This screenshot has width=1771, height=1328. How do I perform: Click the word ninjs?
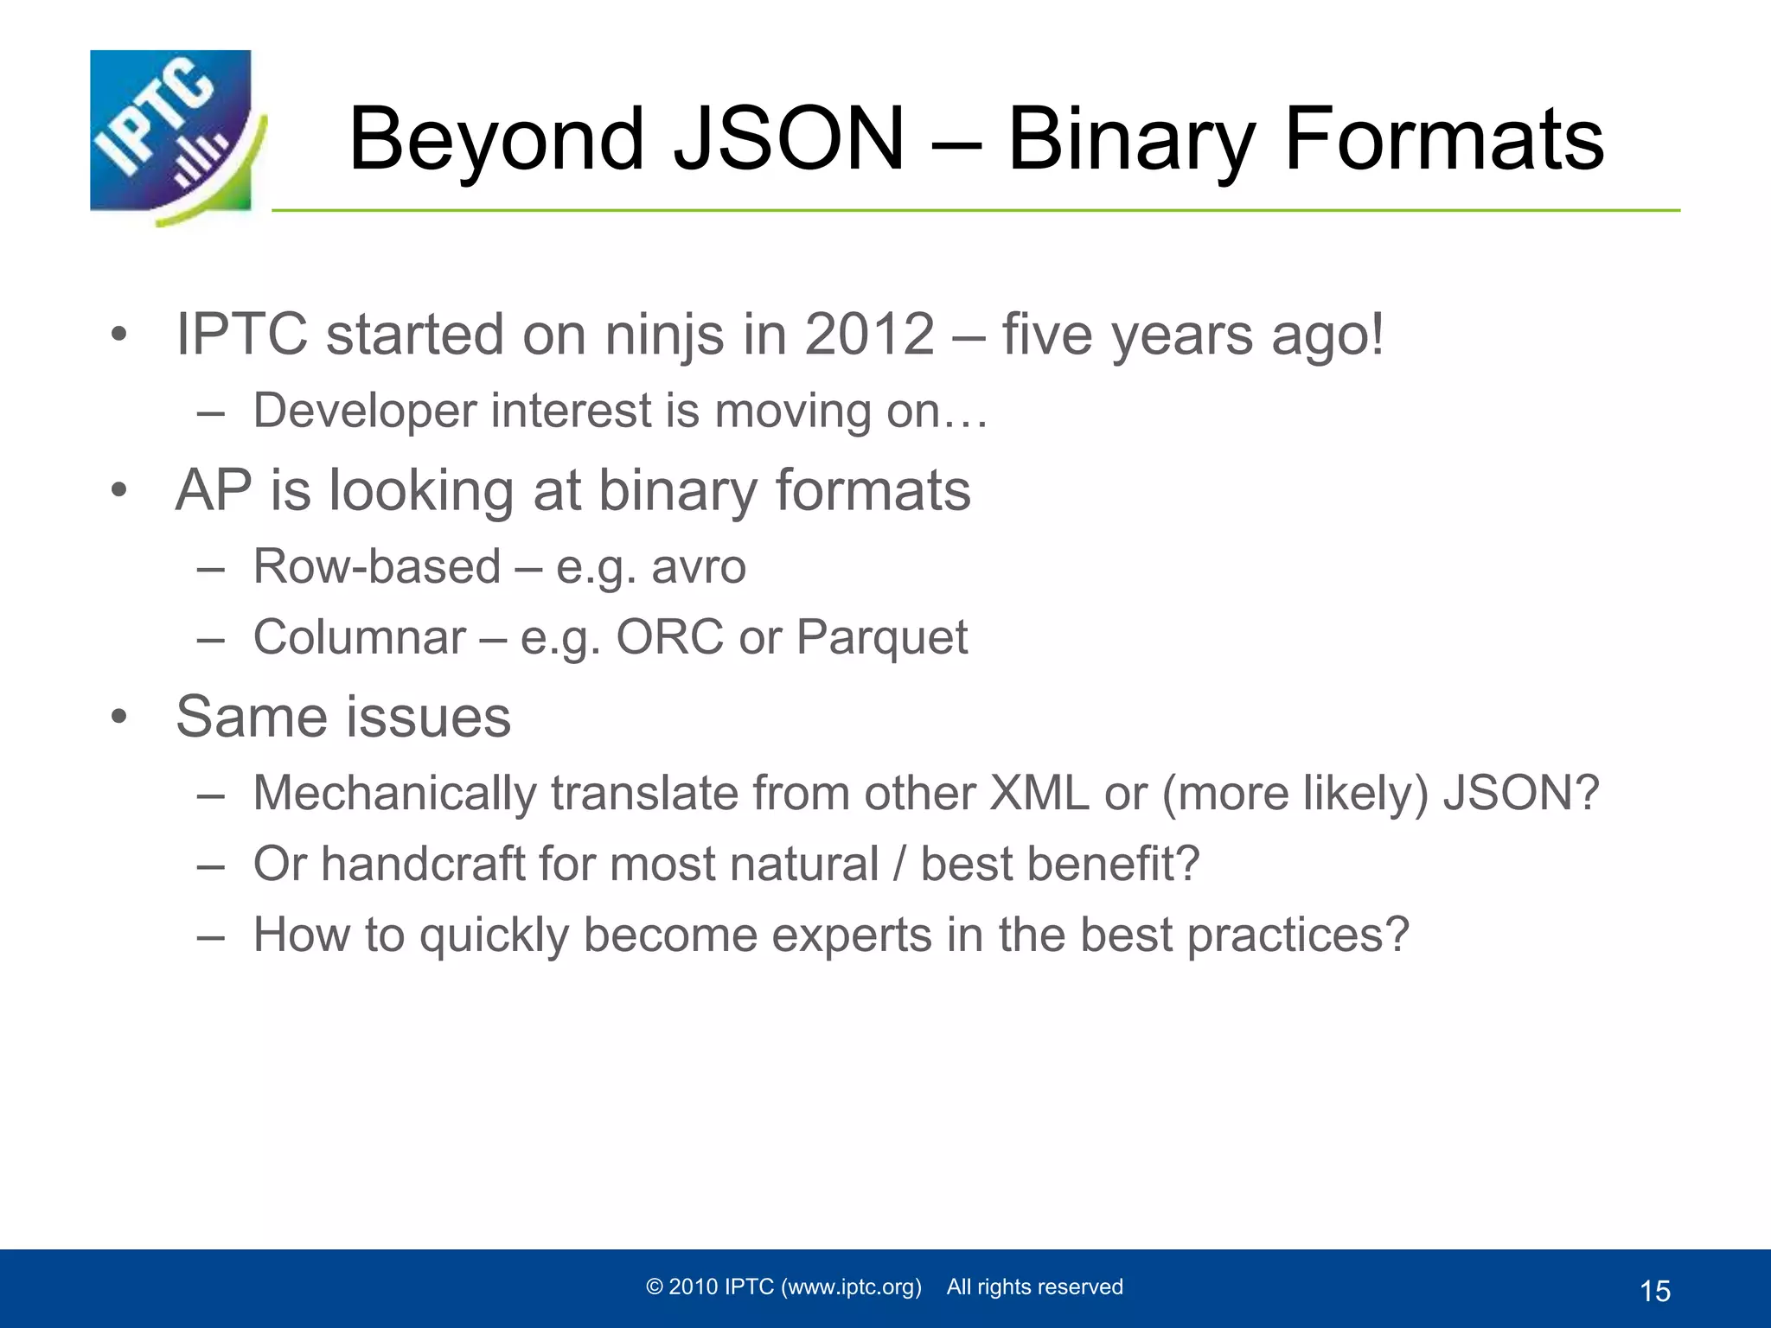coord(664,335)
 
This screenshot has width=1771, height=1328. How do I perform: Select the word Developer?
coord(364,411)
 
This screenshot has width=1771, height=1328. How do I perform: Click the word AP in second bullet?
coord(214,490)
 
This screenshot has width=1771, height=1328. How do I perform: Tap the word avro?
coord(698,567)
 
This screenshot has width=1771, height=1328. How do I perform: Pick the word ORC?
coord(669,638)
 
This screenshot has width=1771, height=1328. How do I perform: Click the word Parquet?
coord(881,638)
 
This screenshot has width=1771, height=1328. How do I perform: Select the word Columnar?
coord(360,638)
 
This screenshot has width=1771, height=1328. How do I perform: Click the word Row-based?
coord(377,567)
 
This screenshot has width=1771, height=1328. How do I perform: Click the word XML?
coord(1039,794)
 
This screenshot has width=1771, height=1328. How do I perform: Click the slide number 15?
coord(1655,1292)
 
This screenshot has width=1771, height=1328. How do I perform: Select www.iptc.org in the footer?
coord(851,1287)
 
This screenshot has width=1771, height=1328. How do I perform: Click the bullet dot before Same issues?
coord(119,717)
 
